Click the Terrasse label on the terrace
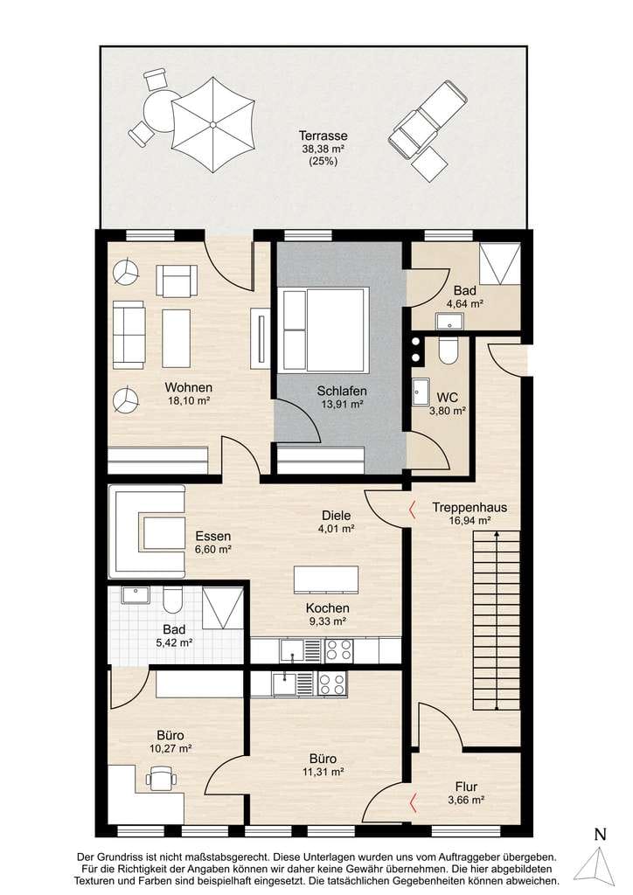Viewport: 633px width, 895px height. click(323, 135)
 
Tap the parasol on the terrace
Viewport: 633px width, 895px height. click(212, 124)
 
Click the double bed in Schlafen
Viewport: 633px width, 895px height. click(323, 329)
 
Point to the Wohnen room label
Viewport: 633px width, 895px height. click(188, 387)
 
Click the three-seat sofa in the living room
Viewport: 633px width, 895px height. click(129, 335)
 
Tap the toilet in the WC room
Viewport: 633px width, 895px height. click(447, 350)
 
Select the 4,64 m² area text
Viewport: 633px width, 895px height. click(465, 304)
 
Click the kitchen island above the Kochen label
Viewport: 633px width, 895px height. click(326, 580)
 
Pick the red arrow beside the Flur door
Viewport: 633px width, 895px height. click(414, 802)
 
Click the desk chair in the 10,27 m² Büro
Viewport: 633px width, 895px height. click(160, 778)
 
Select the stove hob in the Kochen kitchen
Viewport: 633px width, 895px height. click(339, 651)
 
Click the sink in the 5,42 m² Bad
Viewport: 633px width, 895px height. click(134, 594)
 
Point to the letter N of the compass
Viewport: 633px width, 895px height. click(600, 835)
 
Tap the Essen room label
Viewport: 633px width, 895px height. click(213, 537)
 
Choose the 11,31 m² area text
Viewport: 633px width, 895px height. click(324, 773)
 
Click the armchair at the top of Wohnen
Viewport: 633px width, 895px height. click(177, 281)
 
